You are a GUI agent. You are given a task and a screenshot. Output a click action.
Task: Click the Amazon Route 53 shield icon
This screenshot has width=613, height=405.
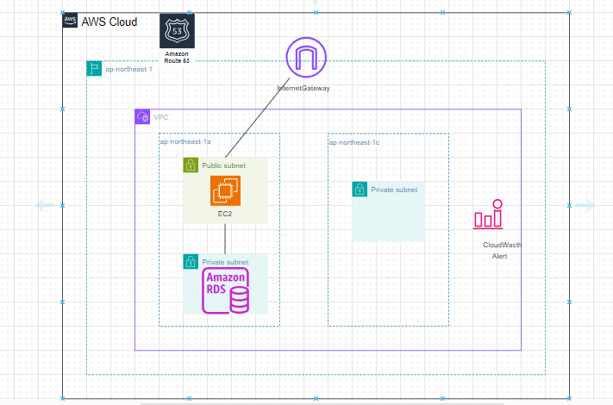pyautogui.click(x=177, y=31)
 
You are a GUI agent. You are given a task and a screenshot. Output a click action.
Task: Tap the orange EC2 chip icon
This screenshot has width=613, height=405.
pyautogui.click(x=225, y=190)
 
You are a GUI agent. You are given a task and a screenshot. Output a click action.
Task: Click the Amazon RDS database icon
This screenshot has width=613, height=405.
pyautogui.click(x=225, y=290)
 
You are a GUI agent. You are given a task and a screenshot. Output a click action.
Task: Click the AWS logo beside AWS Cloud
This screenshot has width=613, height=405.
pyautogui.click(x=70, y=20)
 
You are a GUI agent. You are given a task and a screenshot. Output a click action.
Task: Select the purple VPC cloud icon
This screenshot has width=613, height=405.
pyautogui.click(x=142, y=117)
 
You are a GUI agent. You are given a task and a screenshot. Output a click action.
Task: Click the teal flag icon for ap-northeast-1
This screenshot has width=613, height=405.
pyautogui.click(x=94, y=68)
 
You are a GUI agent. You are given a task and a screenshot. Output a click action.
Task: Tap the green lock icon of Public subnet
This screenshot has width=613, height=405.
pyautogui.click(x=191, y=165)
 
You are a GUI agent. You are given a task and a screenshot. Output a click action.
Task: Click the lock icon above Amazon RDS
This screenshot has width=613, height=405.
pyautogui.click(x=191, y=261)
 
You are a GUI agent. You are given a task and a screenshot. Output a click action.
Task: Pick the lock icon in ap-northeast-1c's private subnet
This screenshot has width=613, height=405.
pyautogui.click(x=360, y=189)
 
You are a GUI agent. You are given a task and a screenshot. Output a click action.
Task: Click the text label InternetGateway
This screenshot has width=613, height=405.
pyautogui.click(x=303, y=88)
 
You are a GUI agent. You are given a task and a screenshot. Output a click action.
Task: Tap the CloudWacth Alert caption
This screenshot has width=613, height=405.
pyautogui.click(x=501, y=250)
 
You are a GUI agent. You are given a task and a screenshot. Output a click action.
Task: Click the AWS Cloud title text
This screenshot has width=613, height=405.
pyautogui.click(x=109, y=21)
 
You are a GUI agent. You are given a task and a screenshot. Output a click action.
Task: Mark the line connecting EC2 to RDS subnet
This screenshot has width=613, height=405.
pyautogui.click(x=225, y=238)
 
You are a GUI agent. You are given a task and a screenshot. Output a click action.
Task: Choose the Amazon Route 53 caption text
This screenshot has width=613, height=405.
pyautogui.click(x=177, y=58)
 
